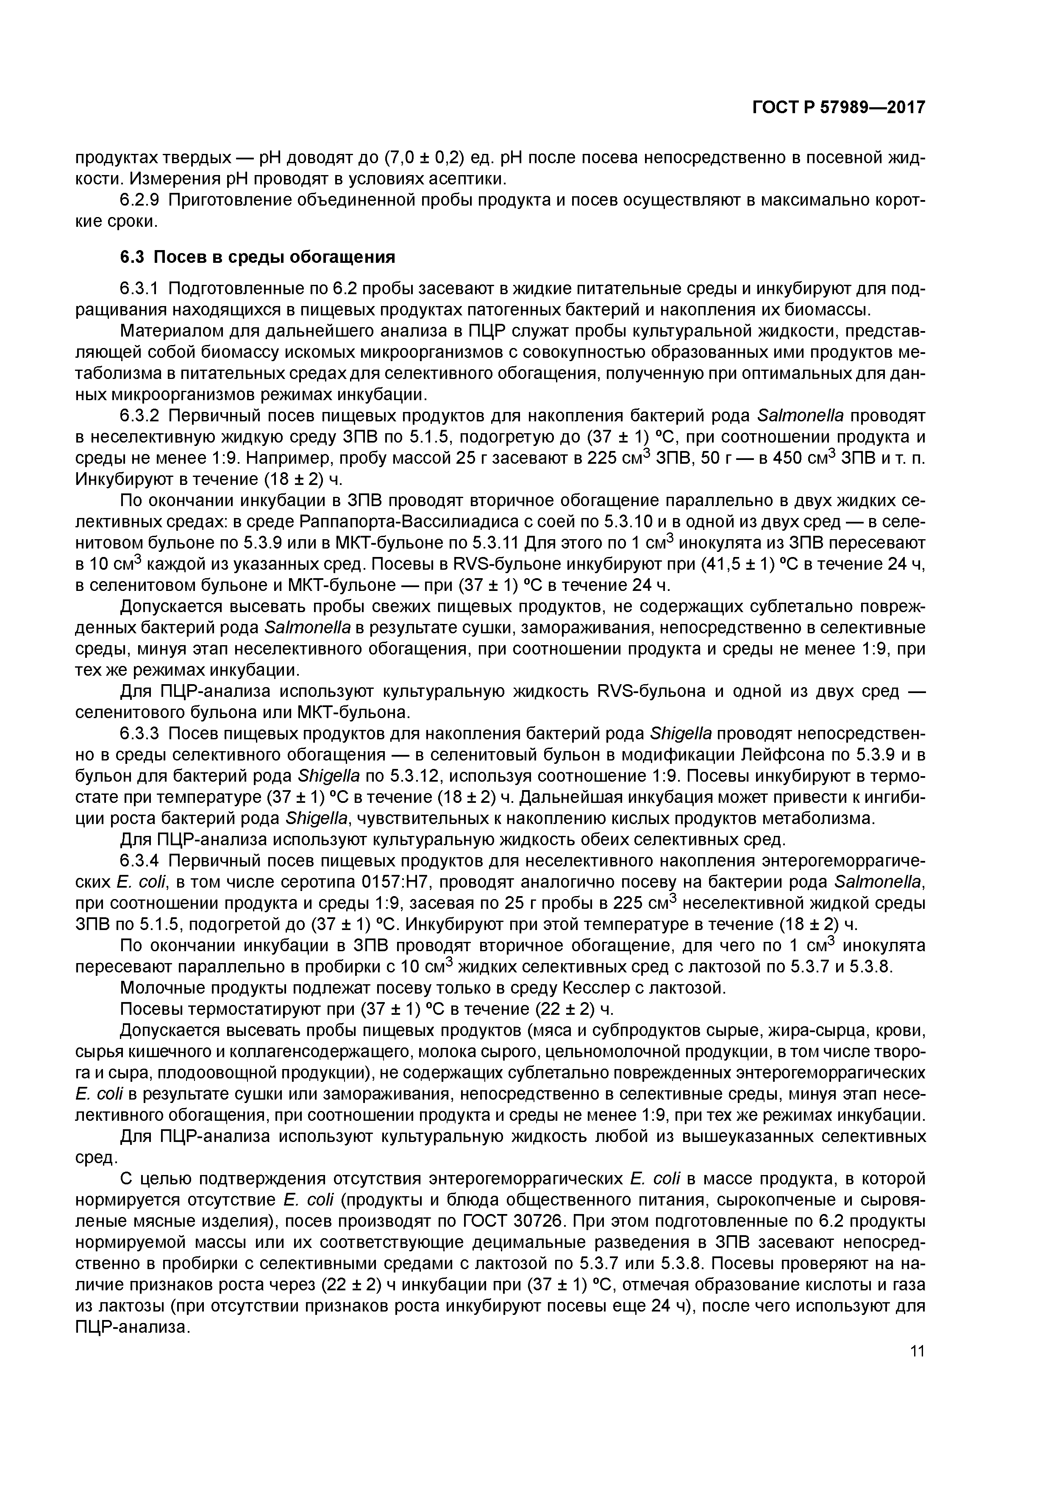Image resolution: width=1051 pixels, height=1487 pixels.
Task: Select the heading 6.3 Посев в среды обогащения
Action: point(257,257)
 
